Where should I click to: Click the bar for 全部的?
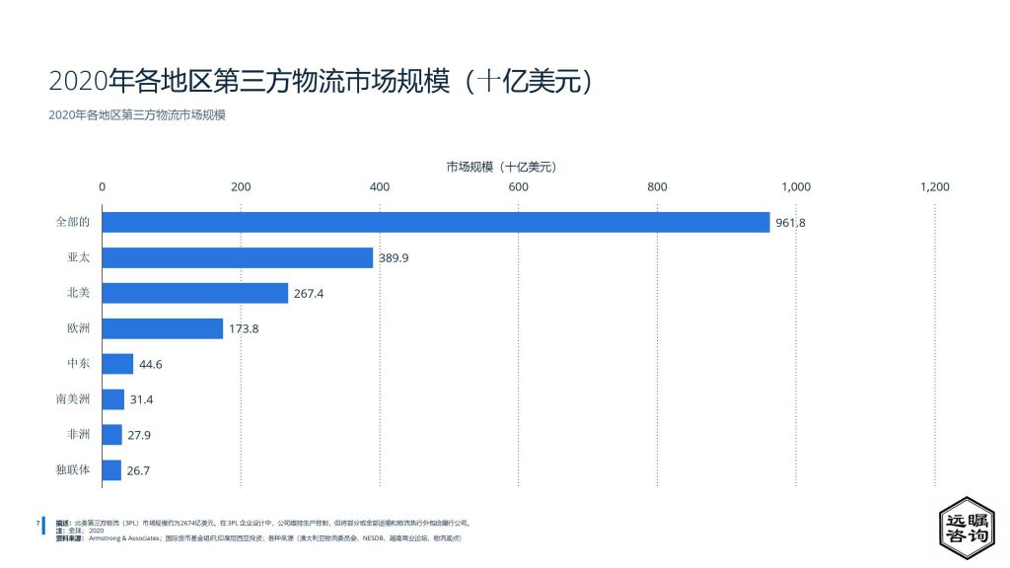(435, 222)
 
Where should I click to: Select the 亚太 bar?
(238, 257)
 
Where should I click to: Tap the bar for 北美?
(195, 293)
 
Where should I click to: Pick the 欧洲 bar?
(163, 328)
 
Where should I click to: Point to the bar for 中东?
(117, 364)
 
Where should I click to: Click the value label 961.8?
(790, 223)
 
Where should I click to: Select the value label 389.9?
(394, 258)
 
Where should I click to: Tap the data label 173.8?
(243, 329)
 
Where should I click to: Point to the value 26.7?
(138, 471)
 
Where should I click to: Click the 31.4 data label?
(141, 400)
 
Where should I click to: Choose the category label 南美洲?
(73, 399)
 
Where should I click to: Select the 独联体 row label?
(73, 470)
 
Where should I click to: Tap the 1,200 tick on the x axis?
(934, 186)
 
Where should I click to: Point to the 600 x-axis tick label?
(518, 186)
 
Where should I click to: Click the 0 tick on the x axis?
(103, 186)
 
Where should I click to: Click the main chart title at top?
(321, 80)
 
